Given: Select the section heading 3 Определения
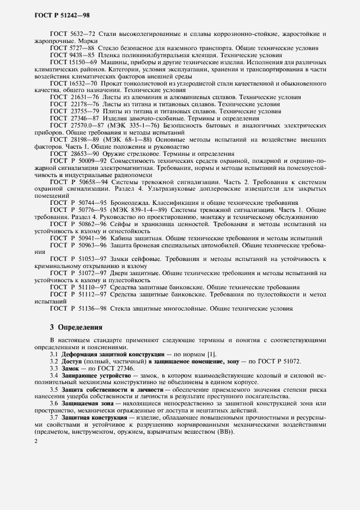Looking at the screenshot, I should click(76, 327).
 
